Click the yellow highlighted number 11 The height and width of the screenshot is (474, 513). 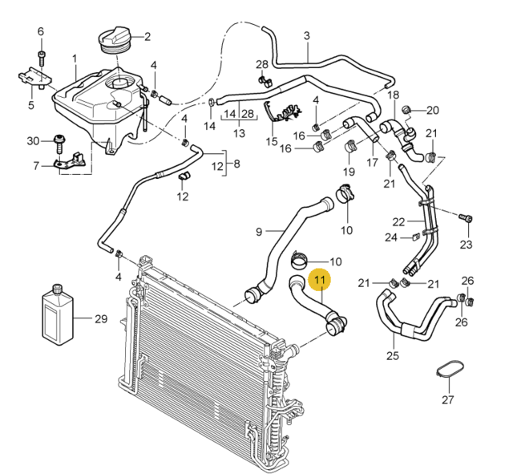(x=320, y=280)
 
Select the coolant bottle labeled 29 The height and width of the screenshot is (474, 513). (x=58, y=315)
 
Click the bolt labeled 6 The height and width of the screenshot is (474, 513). (x=42, y=59)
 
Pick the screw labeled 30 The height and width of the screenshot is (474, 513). (x=59, y=144)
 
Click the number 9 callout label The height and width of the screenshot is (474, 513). (x=259, y=232)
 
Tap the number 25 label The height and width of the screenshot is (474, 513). (x=393, y=355)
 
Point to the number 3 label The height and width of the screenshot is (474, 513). (x=306, y=35)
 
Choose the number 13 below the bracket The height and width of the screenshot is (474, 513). (x=239, y=134)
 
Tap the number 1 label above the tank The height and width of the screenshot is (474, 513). (x=75, y=59)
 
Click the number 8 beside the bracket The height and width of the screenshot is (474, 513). (x=236, y=164)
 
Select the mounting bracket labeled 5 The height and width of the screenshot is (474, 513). (x=34, y=78)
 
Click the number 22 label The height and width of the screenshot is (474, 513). (x=399, y=222)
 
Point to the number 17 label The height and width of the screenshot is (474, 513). (x=373, y=162)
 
